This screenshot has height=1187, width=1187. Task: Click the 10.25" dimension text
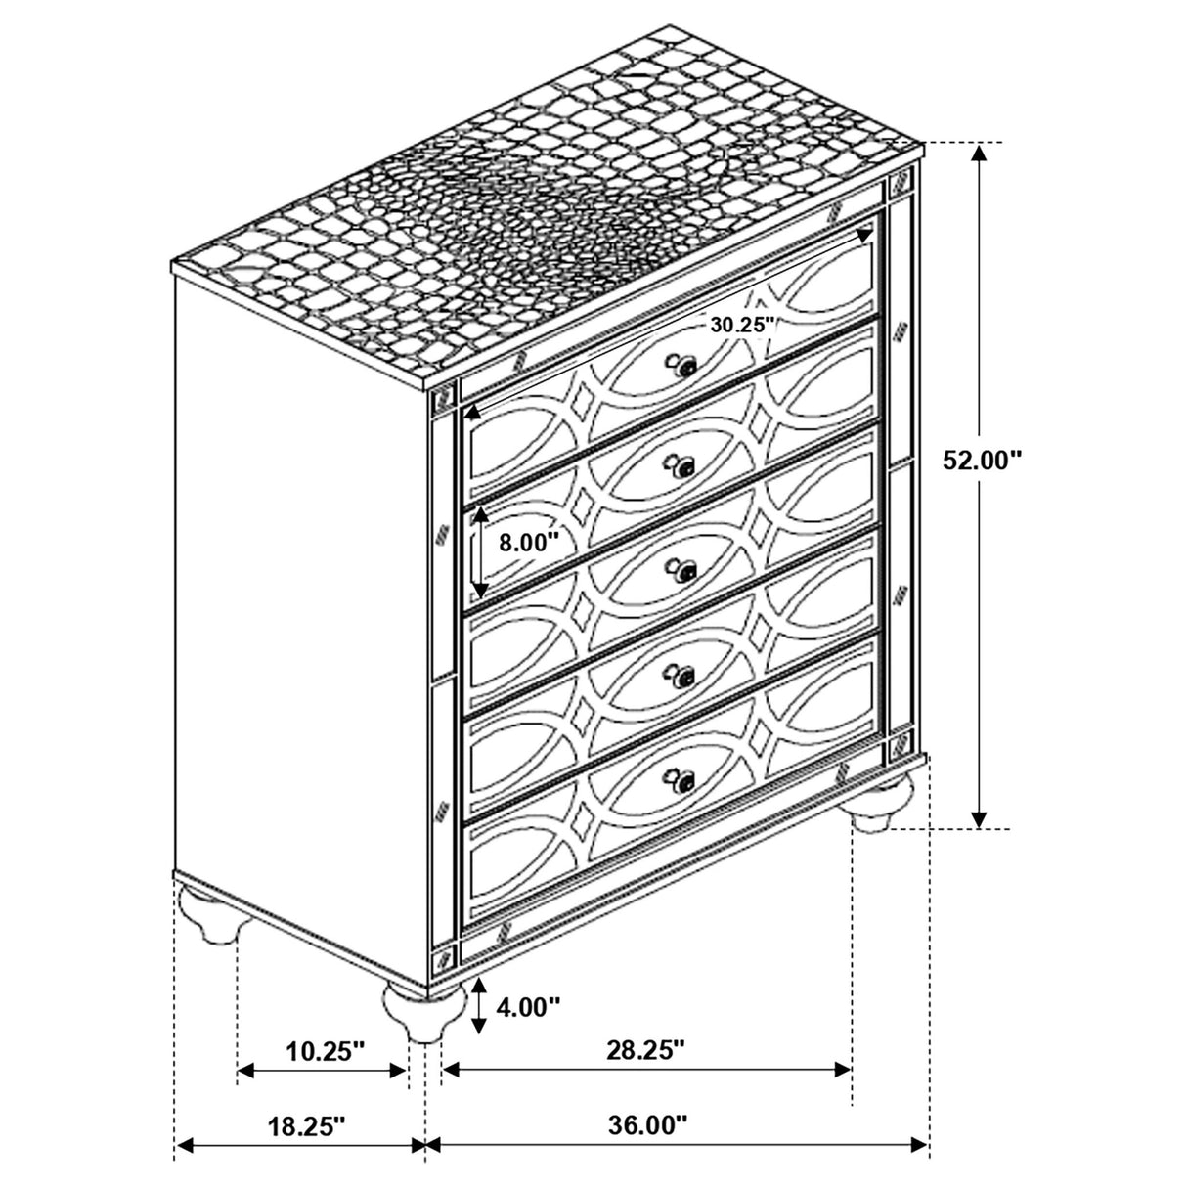[326, 1051]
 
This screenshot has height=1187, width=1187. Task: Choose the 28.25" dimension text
[644, 1051]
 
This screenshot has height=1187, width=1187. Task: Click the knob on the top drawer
[684, 367]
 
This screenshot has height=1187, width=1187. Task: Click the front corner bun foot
[423, 1007]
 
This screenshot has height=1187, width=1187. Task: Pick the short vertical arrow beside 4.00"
[478, 1006]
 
